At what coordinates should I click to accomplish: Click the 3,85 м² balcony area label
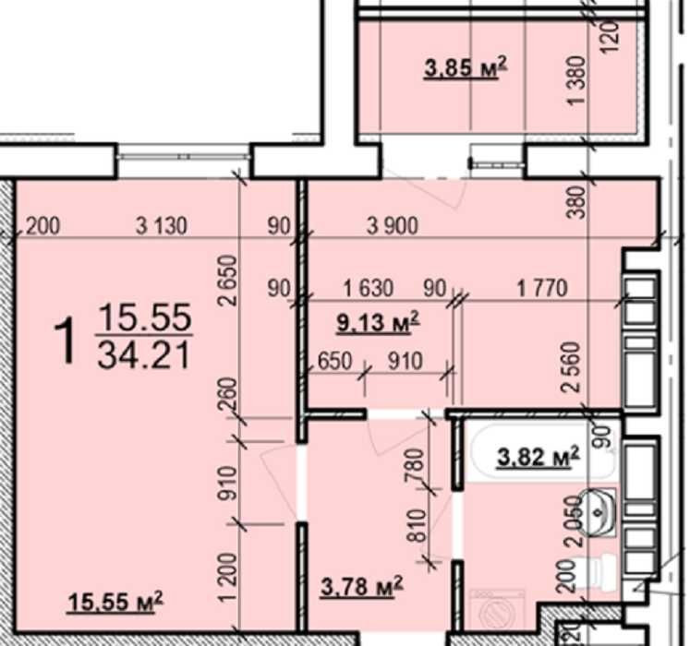(466, 67)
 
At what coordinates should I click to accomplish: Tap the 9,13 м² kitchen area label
(378, 323)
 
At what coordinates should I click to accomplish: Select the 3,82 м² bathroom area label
(538, 457)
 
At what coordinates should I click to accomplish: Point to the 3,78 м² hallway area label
(362, 586)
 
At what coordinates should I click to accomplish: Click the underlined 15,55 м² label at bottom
(115, 601)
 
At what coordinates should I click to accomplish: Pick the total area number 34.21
(144, 355)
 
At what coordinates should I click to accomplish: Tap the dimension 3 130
(162, 226)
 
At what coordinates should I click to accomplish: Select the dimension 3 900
(393, 226)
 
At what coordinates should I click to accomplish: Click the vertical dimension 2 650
(229, 281)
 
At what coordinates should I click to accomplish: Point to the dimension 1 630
(369, 289)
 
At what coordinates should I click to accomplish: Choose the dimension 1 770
(542, 289)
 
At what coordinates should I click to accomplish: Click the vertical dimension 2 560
(571, 367)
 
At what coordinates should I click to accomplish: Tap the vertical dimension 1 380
(577, 80)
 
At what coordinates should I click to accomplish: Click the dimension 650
(335, 362)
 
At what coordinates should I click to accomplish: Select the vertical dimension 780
(416, 465)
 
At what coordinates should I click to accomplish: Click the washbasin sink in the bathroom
(598, 513)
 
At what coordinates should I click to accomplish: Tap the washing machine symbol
(498, 611)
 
